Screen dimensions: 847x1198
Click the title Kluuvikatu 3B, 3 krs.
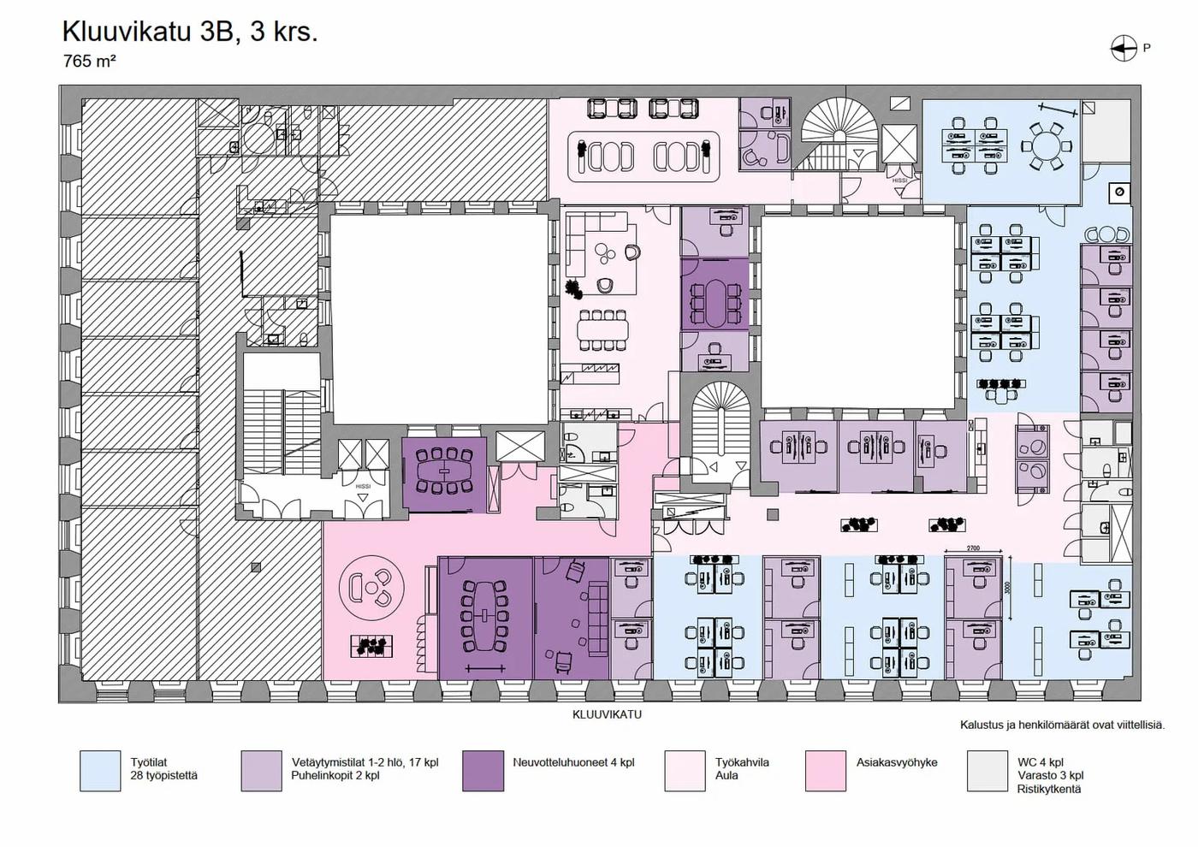click(x=189, y=32)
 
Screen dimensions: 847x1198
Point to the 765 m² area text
click(x=89, y=61)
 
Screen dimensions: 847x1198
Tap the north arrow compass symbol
click(x=1123, y=49)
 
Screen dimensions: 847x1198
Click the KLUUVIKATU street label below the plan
click(x=607, y=714)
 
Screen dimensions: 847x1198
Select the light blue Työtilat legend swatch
click(x=100, y=771)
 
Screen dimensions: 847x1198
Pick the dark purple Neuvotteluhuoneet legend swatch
click(x=483, y=771)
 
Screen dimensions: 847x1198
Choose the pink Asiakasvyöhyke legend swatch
click(x=825, y=771)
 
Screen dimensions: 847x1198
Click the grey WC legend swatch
click(x=987, y=771)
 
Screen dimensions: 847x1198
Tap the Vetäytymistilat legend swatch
click(x=261, y=771)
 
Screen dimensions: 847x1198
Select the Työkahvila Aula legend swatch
click(x=685, y=771)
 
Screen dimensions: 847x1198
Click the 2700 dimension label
click(x=972, y=548)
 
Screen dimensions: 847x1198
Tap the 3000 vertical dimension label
click(x=1008, y=589)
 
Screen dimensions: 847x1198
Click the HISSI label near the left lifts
click(x=363, y=486)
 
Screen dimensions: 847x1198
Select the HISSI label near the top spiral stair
click(x=899, y=181)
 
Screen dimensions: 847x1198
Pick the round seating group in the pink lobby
click(x=371, y=587)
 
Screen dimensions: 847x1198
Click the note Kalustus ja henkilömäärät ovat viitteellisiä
click(x=1062, y=725)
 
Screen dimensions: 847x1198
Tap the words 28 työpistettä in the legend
click(x=164, y=776)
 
